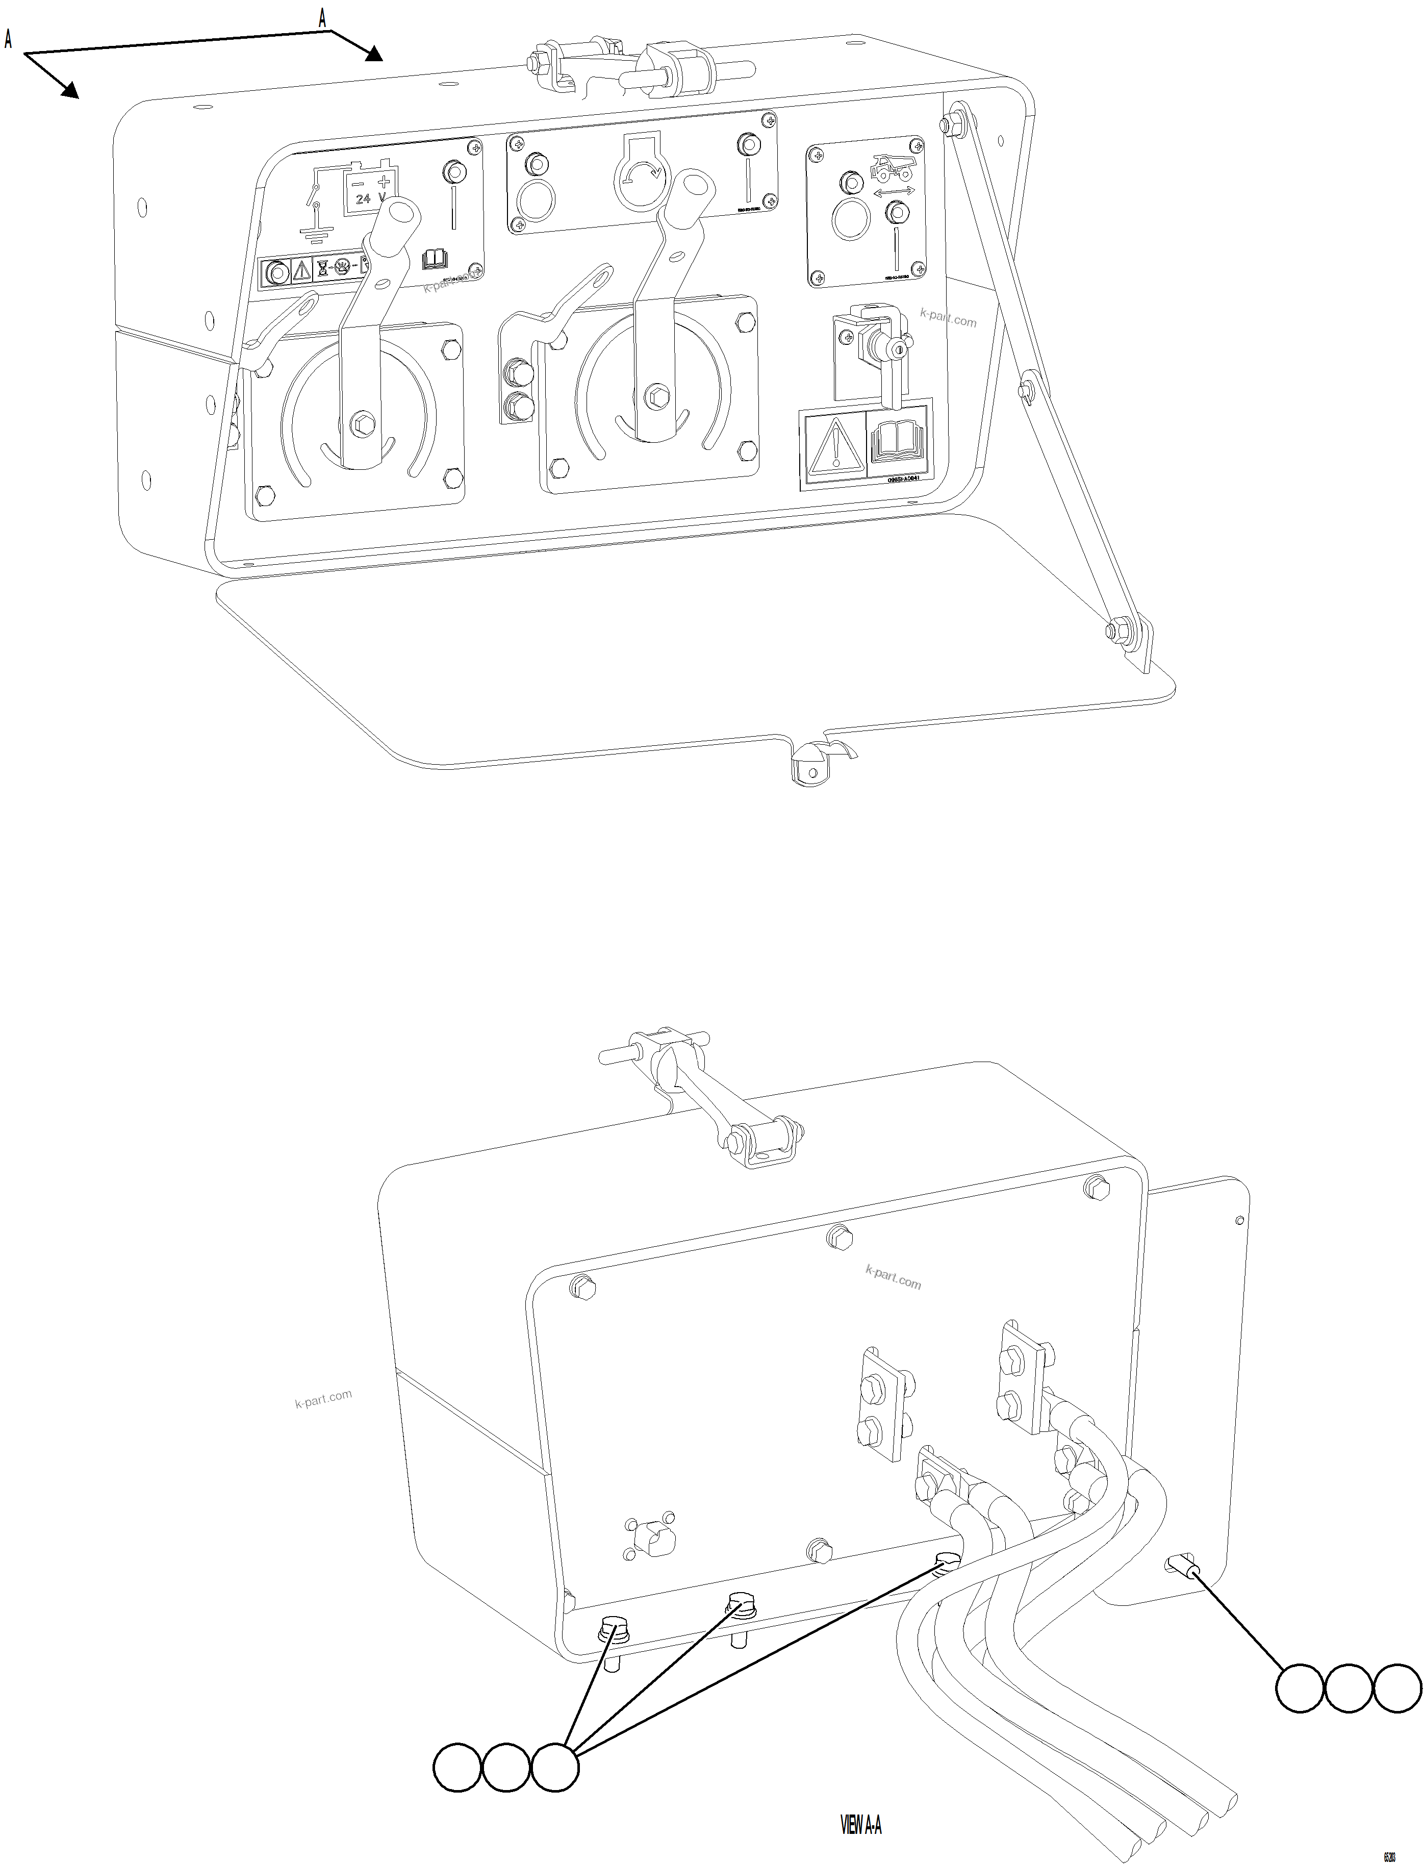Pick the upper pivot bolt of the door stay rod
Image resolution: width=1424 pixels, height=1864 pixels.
(951, 124)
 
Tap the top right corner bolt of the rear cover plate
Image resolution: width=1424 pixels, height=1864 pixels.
(1096, 1187)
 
